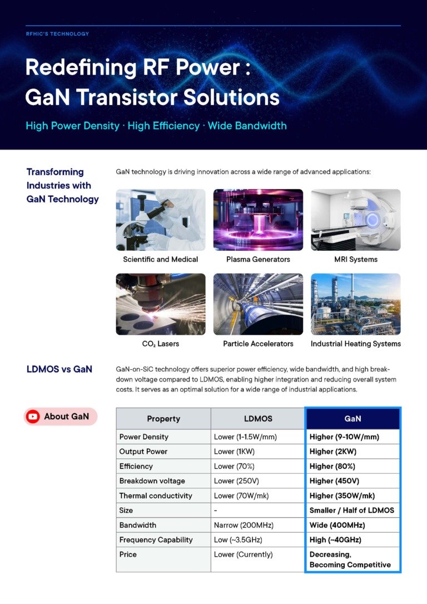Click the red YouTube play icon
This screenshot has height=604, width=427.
[33, 417]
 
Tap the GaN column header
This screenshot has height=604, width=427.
[352, 419]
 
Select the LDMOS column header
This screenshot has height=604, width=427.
[258, 419]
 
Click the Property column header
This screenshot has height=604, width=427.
[163, 419]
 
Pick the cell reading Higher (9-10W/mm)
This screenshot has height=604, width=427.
[344, 437]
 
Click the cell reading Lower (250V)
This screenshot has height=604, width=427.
[236, 481]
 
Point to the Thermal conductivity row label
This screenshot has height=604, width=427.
[156, 496]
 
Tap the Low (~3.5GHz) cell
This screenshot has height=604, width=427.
[238, 539]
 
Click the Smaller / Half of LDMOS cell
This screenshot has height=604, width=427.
[352, 511]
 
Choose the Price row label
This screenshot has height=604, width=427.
[128, 555]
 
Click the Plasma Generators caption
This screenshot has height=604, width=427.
[258, 259]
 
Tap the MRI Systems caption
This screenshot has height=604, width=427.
[356, 259]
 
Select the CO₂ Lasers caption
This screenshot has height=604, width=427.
[161, 344]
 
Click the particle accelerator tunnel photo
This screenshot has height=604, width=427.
[258, 304]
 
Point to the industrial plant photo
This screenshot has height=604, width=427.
[356, 304]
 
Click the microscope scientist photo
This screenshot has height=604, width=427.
[161, 220]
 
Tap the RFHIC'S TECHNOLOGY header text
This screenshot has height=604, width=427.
[57, 34]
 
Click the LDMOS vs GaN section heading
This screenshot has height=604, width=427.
[59, 369]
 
